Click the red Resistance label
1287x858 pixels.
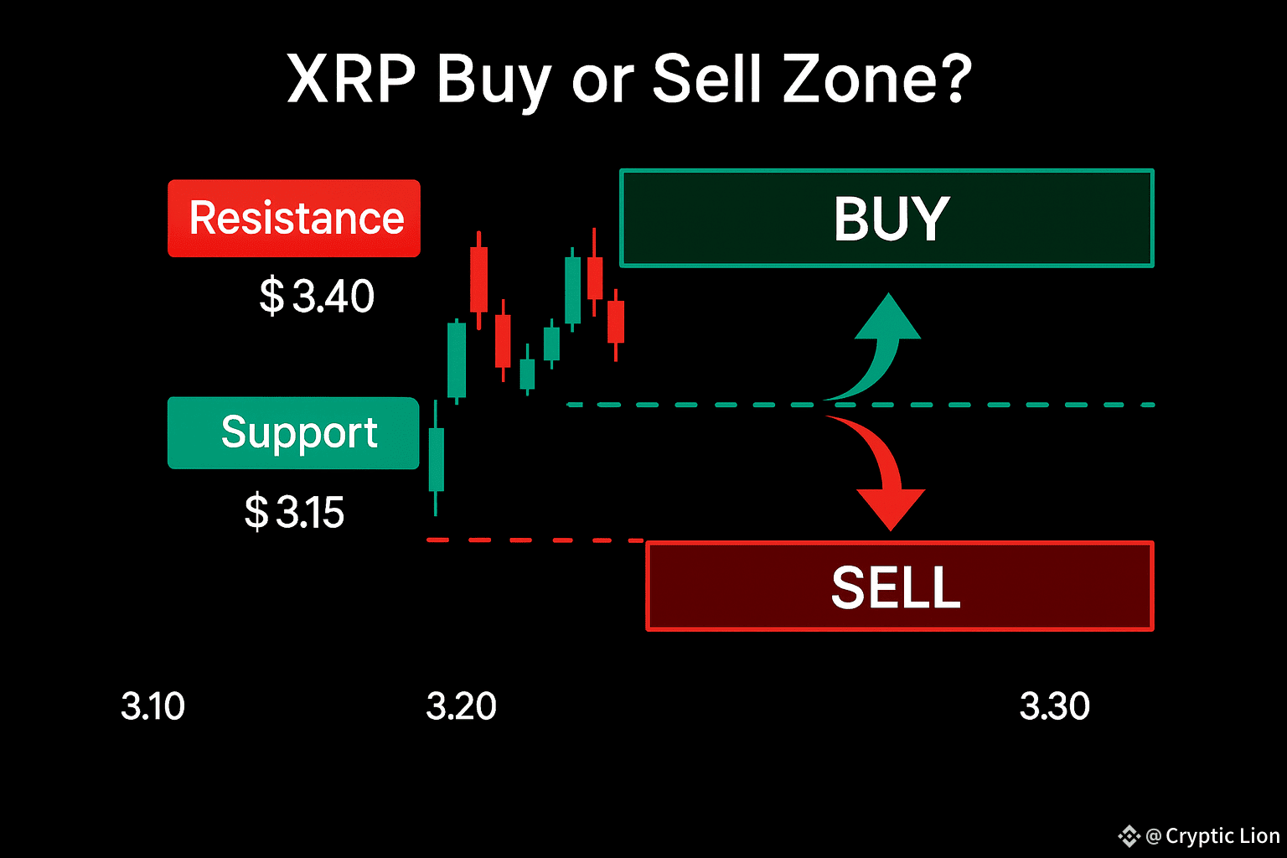click(293, 218)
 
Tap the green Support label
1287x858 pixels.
click(293, 432)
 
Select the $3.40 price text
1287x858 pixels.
click(317, 296)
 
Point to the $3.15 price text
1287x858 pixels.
click(294, 511)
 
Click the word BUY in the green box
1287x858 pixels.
click(892, 219)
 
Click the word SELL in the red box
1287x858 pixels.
click(896, 587)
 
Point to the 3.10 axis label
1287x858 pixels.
click(152, 706)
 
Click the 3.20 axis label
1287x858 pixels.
click(461, 706)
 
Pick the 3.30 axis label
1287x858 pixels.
click(1054, 706)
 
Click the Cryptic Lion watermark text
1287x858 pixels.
click(1223, 835)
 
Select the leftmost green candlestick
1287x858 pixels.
click(436, 458)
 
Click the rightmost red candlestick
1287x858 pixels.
click(616, 325)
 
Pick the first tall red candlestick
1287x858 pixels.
click(478, 280)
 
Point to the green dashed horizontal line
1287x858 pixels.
click(861, 405)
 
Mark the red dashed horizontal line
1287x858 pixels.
click(535, 540)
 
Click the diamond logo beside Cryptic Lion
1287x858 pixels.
click(1129, 836)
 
